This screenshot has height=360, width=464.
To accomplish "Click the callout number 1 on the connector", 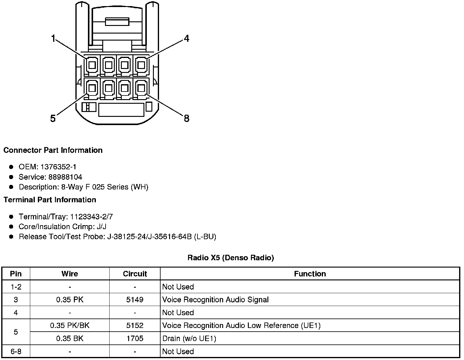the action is point(53,39).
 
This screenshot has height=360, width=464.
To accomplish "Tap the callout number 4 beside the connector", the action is point(186,39).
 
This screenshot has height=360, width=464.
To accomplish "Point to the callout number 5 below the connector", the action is point(53,118).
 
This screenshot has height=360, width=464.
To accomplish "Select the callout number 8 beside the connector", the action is point(187,118).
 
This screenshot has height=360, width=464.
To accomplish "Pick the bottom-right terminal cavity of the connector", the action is point(140,88).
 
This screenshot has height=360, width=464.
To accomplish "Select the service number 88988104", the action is point(65,177).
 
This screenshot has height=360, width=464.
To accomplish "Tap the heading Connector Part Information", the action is point(53,150).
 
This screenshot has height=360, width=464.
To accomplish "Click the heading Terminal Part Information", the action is point(50,200).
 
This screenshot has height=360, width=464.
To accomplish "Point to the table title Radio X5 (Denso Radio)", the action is point(230,258).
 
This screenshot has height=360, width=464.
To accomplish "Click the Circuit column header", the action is point(135,274).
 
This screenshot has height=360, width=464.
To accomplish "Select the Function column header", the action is point(310,274).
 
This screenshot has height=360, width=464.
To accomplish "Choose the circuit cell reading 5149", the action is point(135,300).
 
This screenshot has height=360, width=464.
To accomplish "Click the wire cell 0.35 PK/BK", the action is point(70,326).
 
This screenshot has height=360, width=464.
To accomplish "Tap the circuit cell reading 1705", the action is point(135,338).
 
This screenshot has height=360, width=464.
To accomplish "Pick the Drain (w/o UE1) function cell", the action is point(189,338).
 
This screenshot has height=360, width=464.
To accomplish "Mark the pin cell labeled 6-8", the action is point(16,351).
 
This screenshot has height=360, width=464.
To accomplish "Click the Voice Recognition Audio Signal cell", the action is point(215,300).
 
